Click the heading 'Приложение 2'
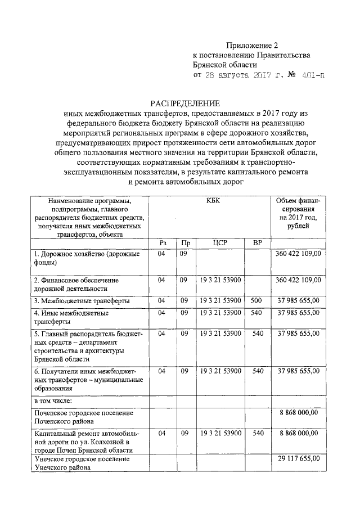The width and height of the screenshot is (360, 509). [x=253, y=44]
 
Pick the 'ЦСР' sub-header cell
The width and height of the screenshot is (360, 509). [x=220, y=243]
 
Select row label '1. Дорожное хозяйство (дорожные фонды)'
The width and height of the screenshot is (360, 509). [x=79, y=259]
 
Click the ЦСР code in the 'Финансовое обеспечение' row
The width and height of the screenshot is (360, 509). [x=220, y=280]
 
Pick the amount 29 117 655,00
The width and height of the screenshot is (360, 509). [x=298, y=459]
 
